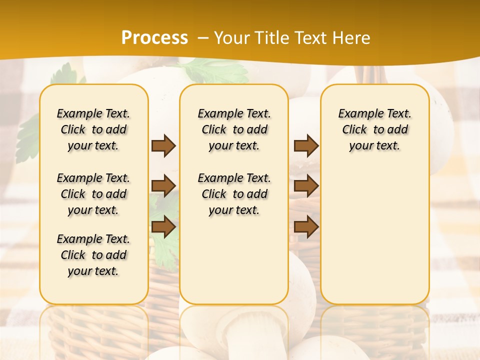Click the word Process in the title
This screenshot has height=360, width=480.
coord(154,38)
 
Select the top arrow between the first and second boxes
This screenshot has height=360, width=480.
coord(163,145)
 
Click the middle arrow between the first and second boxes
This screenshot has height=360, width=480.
coord(163,186)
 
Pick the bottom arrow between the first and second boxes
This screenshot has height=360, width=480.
coord(163,226)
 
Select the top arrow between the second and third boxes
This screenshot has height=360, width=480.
coord(306,145)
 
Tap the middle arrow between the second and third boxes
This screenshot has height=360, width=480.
coord(306,186)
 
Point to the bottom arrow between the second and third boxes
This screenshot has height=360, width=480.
coord(306,226)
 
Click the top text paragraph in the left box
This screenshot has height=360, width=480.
coord(93,129)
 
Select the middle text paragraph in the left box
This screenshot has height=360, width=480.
coord(93,194)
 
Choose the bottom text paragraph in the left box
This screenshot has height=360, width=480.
coord(93,255)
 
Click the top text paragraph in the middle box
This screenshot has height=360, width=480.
coord(234,129)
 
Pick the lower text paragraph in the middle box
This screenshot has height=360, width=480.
coord(234,194)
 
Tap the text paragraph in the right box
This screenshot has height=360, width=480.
coord(374,129)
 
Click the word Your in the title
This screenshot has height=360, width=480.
coord(230,38)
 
